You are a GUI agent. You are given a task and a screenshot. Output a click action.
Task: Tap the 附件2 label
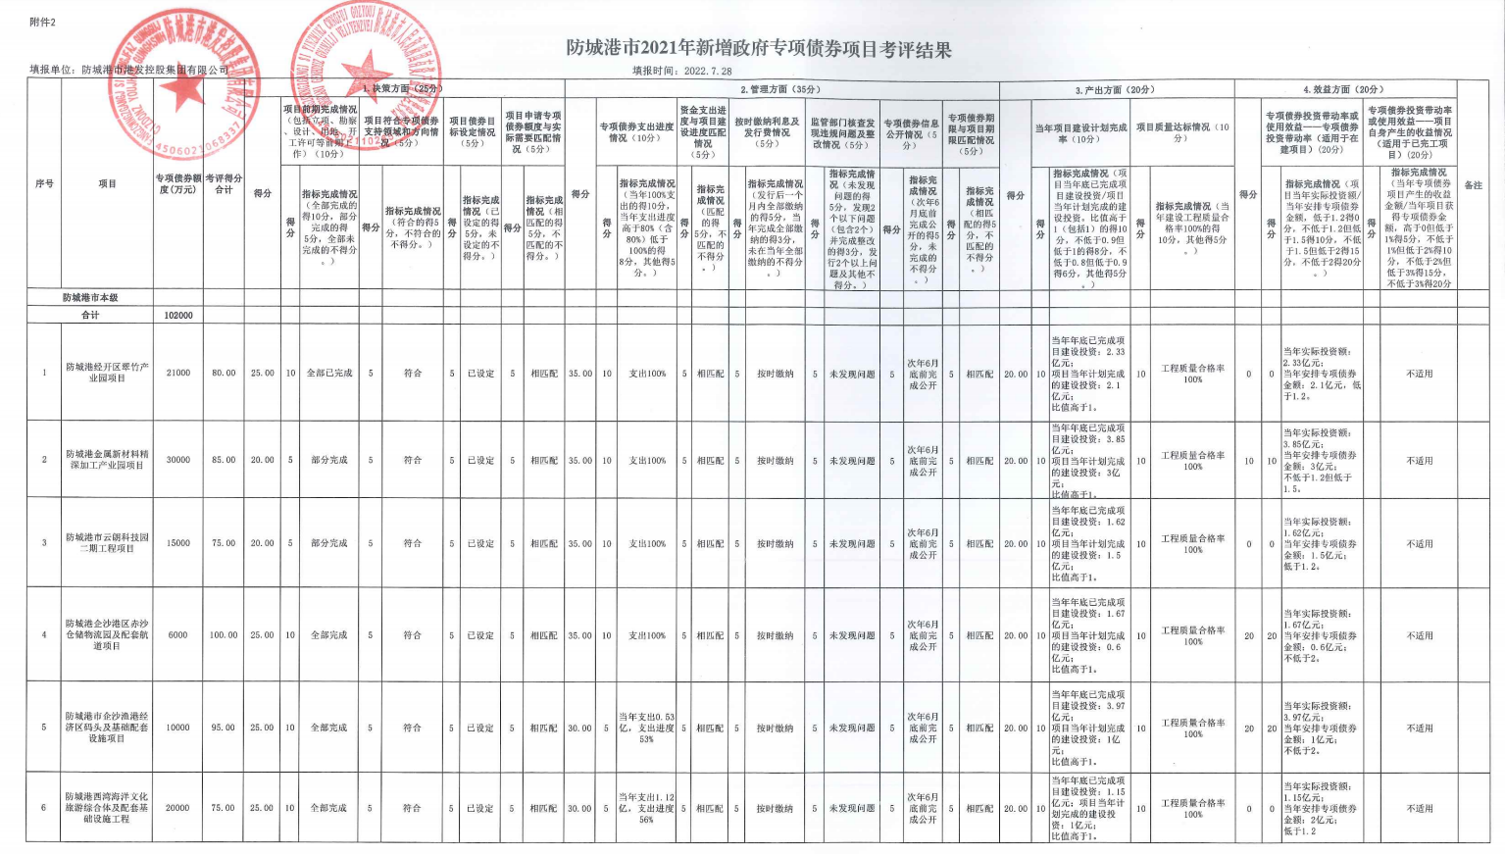pyautogui.click(x=43, y=22)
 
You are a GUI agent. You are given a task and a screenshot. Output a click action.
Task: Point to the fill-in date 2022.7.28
pyautogui.click(x=708, y=72)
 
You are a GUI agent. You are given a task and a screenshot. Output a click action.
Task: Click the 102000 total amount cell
pyautogui.click(x=177, y=316)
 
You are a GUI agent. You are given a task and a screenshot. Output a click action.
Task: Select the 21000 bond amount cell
pyautogui.click(x=177, y=373)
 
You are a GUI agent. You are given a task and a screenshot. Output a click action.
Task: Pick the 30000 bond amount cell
pyautogui.click(x=177, y=460)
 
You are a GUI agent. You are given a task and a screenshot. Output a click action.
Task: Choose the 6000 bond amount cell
pyautogui.click(x=177, y=635)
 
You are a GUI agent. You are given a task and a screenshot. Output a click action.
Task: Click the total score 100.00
pyautogui.click(x=224, y=635)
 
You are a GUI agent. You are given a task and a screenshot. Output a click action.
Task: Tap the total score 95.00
pyautogui.click(x=224, y=728)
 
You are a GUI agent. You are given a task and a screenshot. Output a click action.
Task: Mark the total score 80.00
pyautogui.click(x=224, y=373)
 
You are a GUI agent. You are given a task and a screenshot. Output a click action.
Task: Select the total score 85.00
pyautogui.click(x=224, y=460)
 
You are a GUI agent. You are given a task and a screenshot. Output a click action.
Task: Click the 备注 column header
pyautogui.click(x=1473, y=185)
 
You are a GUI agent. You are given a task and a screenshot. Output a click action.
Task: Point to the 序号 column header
pyautogui.click(x=44, y=183)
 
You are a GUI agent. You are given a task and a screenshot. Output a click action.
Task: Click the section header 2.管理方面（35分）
pyautogui.click(x=780, y=89)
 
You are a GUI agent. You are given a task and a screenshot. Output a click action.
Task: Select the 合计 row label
pyautogui.click(x=90, y=316)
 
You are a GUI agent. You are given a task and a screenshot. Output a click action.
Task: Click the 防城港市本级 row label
pyautogui.click(x=90, y=297)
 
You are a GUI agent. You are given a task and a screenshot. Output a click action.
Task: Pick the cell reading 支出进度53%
pyautogui.click(x=646, y=728)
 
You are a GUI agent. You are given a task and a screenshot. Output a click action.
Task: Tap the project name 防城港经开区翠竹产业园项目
pyautogui.click(x=107, y=373)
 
